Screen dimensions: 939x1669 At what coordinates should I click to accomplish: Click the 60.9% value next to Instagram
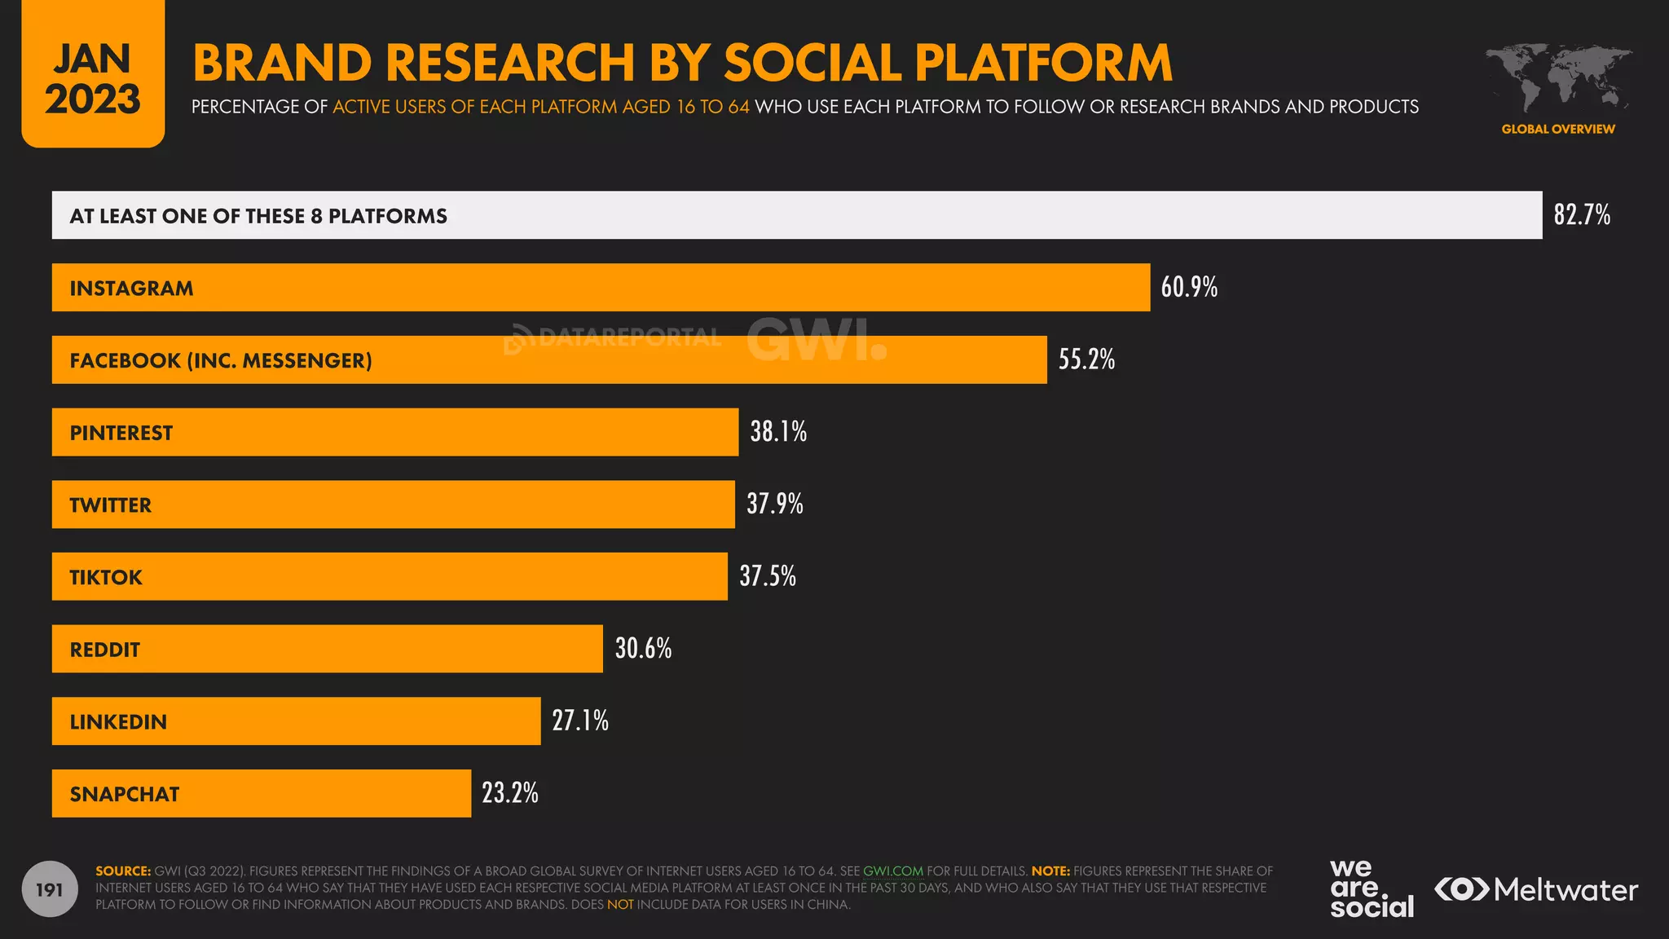click(1189, 287)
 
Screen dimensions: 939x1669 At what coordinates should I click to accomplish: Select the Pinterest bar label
click(121, 433)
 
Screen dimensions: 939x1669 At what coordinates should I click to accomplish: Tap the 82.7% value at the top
click(1581, 215)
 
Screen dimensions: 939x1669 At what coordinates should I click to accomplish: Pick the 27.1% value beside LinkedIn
click(580, 721)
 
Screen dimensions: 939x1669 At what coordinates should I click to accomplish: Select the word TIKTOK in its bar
click(106, 577)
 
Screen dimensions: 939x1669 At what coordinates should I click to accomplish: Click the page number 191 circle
click(50, 889)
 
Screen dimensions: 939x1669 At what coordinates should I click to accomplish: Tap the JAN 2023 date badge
click(93, 77)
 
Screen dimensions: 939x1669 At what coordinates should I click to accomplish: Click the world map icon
click(1557, 78)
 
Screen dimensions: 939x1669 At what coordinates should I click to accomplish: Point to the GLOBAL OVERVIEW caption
click(1557, 129)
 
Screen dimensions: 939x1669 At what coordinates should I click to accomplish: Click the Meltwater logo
click(1535, 889)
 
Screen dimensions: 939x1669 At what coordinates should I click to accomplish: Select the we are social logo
click(1371, 888)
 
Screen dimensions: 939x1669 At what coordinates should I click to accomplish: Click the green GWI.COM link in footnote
click(892, 871)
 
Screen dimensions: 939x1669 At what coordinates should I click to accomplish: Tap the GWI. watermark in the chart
click(816, 340)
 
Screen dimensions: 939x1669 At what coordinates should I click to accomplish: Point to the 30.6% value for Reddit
click(643, 649)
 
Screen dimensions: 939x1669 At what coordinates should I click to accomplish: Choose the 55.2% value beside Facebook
click(1086, 359)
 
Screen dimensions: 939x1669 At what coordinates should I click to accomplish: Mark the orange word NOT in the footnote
click(619, 905)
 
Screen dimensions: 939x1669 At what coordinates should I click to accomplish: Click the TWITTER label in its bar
click(111, 505)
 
